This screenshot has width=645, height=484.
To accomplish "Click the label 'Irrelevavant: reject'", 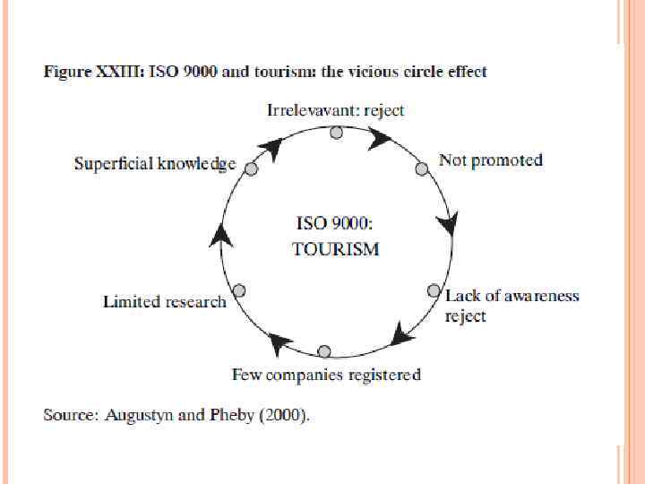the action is click(335, 110).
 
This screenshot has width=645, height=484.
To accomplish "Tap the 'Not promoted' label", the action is click(490, 160).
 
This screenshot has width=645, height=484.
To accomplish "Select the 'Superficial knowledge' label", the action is click(154, 163).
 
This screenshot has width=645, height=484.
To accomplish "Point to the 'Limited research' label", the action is click(164, 302).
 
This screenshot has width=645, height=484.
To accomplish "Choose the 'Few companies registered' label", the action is click(326, 375).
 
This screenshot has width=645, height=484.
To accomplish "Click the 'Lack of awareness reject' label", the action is click(512, 306).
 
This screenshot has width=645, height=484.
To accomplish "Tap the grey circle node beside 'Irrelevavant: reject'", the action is click(336, 132).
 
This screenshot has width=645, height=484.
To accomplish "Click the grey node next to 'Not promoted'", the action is click(422, 168).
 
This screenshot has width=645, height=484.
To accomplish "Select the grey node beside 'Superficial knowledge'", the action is click(252, 168).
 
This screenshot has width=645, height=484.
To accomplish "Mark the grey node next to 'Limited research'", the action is click(238, 290).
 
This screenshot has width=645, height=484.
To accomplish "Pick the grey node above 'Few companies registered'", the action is click(324, 351).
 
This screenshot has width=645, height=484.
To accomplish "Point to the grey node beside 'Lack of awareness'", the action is click(434, 290).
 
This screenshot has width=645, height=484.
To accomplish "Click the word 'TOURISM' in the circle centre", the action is click(336, 248).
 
